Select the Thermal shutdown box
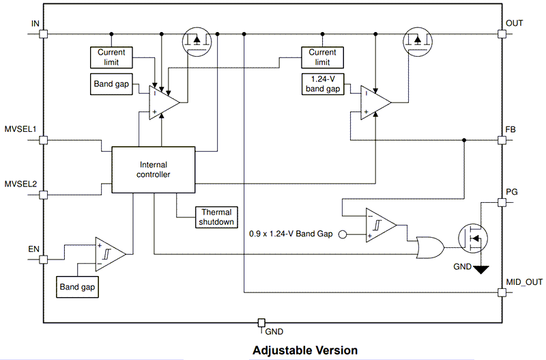[x=216, y=217]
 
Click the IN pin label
[x=35, y=24]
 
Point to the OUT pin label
[x=515, y=24]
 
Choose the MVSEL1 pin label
[x=20, y=129]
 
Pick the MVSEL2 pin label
[x=20, y=184]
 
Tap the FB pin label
[x=511, y=129]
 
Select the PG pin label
[x=512, y=192]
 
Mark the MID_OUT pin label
[x=523, y=281]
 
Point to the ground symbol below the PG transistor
[x=482, y=269]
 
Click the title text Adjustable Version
[x=305, y=350]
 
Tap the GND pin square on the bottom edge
[x=261, y=322]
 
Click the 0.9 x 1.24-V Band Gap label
[x=291, y=234]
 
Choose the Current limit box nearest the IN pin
[x=111, y=57]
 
